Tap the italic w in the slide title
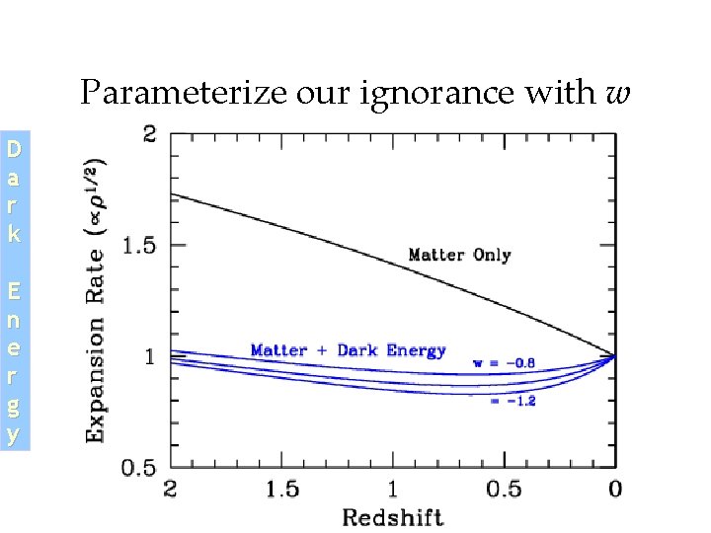click(x=618, y=94)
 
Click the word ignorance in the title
click(x=408, y=94)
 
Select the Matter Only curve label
click(x=459, y=255)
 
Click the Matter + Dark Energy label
click(x=348, y=350)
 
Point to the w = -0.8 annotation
click(x=504, y=363)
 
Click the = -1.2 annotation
click(x=513, y=402)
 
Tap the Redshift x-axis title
click(x=392, y=516)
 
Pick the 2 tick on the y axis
click(x=149, y=134)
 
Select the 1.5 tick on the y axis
click(x=137, y=245)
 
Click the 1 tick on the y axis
click(x=149, y=355)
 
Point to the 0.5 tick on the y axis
click(x=137, y=466)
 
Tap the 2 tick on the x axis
click(x=171, y=489)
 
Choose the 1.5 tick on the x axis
click(x=281, y=489)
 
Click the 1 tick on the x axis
click(x=392, y=489)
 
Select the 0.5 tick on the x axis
click(x=504, y=489)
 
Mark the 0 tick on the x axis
click(x=614, y=489)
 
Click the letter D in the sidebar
click(x=13, y=151)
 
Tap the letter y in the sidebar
click(x=13, y=434)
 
